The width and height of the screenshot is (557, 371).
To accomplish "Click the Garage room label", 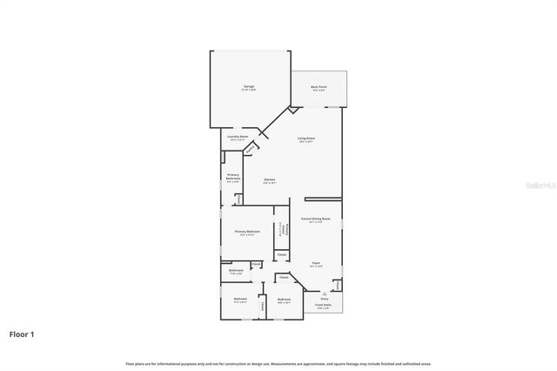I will (249, 86).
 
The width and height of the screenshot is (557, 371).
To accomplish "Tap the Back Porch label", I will (319, 86).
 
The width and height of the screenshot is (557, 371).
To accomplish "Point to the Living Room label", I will (306, 138).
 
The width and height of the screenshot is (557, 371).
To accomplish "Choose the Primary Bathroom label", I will (233, 177).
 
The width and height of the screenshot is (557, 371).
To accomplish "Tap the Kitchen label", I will (270, 179).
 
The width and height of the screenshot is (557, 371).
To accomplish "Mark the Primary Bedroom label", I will (247, 231).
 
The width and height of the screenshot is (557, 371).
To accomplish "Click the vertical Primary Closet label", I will (281, 231).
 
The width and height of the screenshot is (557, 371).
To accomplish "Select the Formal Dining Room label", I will (317, 219).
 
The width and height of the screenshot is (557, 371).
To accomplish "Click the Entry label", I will (323, 299).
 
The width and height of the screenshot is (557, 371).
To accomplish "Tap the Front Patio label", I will (323, 305).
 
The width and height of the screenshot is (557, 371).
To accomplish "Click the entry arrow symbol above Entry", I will (323, 293).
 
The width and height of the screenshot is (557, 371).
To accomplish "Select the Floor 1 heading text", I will (22, 334).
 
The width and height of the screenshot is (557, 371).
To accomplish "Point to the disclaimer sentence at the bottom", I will (278, 363).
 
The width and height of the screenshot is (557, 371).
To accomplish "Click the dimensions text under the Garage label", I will (249, 91).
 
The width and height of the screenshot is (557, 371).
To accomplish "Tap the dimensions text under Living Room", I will (306, 142).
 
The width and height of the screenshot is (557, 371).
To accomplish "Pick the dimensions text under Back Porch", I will (319, 91).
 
